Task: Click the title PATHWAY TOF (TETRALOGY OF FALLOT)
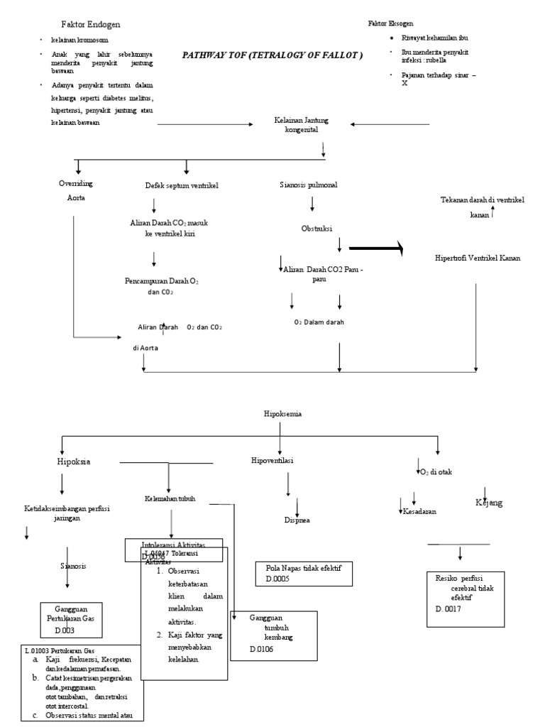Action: pyautogui.click(x=272, y=55)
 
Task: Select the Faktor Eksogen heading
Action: pyautogui.click(x=390, y=23)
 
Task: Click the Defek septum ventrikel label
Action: pyautogui.click(x=181, y=185)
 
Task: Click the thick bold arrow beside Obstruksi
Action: pyautogui.click(x=376, y=248)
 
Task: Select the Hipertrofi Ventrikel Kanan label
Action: pyautogui.click(x=478, y=258)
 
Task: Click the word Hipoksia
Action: pyautogui.click(x=74, y=461)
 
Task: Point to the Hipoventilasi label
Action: pyautogui.click(x=272, y=460)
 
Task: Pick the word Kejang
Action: pyautogui.click(x=488, y=503)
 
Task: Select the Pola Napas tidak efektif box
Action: pyautogui.click(x=304, y=574)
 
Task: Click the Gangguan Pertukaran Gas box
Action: pyautogui.click(x=71, y=618)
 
